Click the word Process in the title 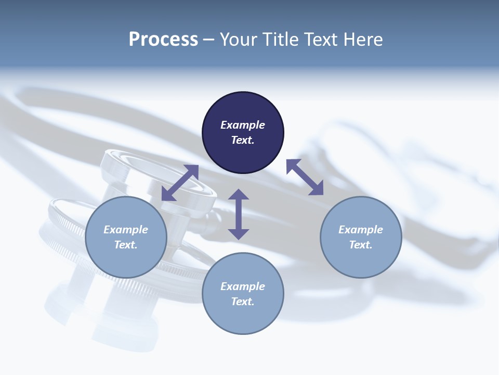[x=163, y=40]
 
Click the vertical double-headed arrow [x=239, y=214]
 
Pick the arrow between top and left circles [x=180, y=183]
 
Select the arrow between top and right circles [x=305, y=177]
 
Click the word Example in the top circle [x=243, y=125]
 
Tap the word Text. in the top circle [x=243, y=140]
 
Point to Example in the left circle [x=126, y=230]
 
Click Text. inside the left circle [x=126, y=245]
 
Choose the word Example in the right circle [x=361, y=230]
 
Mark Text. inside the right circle [x=361, y=245]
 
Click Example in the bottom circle [x=243, y=286]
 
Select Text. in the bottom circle [x=243, y=302]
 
